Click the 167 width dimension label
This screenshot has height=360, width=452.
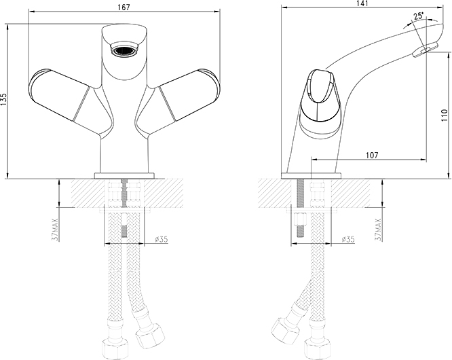(124, 7)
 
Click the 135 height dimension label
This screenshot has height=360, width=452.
(4, 100)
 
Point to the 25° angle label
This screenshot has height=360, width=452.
(419, 16)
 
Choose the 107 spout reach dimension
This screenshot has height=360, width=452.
(371, 155)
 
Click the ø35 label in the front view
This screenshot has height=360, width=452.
(161, 239)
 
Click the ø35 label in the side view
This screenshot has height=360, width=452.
(348, 239)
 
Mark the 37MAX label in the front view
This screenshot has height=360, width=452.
(56, 230)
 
